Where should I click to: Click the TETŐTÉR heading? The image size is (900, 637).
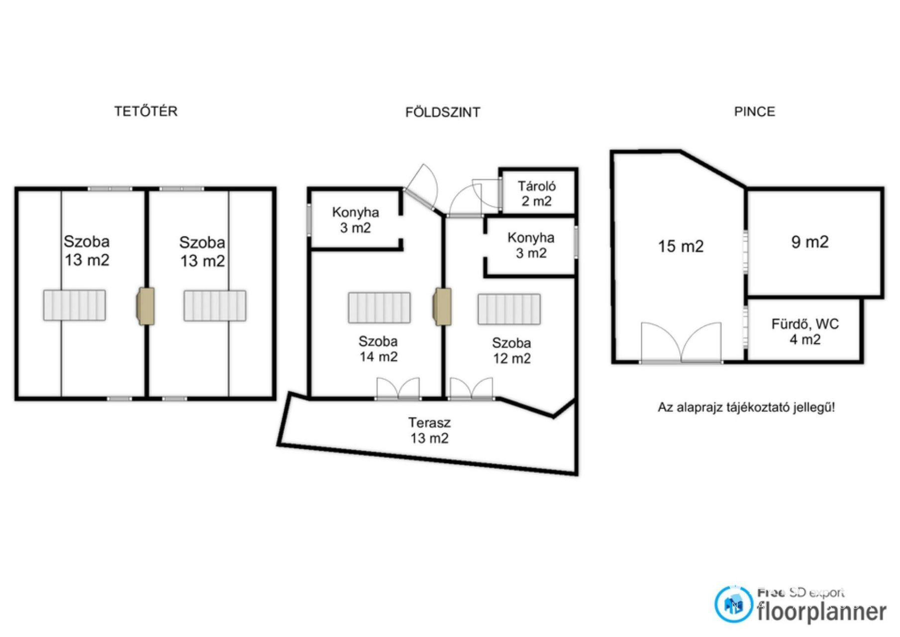pos(146,111)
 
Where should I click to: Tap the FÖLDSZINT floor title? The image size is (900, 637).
pos(443,112)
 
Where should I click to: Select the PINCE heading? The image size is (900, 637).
pos(754,111)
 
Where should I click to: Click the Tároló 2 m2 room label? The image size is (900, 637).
pos(536,194)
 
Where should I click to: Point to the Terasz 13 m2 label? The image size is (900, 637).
pos(429,430)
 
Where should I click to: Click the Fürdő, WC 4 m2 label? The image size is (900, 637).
pos(805,332)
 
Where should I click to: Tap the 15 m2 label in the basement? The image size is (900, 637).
pos(681,246)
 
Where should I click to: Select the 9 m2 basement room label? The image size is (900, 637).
pos(810,242)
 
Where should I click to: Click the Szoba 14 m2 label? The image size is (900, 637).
pos(378,349)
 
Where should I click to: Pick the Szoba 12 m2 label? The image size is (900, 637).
pos(511,350)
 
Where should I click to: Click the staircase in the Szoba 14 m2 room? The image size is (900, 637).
pos(379,308)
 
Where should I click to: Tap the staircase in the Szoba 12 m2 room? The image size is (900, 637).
pos(509,309)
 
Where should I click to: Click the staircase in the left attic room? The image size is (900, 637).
pos(74,305)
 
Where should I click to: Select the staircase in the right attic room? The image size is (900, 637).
pos(215,306)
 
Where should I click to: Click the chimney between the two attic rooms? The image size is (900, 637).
pos(145,307)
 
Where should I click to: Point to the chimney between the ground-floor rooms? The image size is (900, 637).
pos(442,307)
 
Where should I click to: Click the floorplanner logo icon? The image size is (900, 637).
pos(733,604)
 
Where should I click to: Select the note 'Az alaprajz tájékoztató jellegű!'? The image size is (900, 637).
pos(746,408)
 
